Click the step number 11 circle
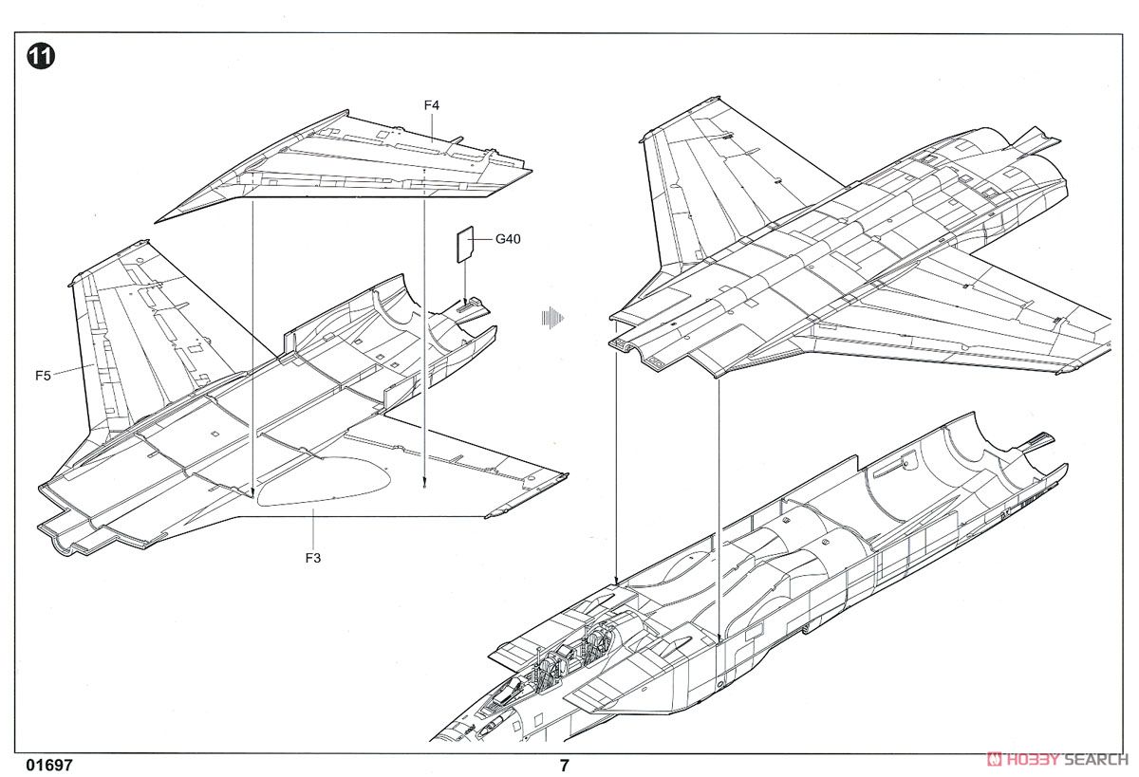coord(41,56)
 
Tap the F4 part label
coord(431,105)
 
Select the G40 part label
coord(508,239)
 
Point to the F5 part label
coord(44,376)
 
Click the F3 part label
coord(313,558)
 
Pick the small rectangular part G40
coord(465,245)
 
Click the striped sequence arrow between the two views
coord(552,318)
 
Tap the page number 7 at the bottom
coord(564,765)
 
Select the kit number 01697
coord(49,765)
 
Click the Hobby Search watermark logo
coord(1057,759)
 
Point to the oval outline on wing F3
coord(324,481)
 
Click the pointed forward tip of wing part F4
coord(155,222)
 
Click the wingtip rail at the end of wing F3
coord(527,495)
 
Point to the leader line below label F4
coord(432,127)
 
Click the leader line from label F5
coord(73,370)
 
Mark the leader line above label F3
coord(313,528)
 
